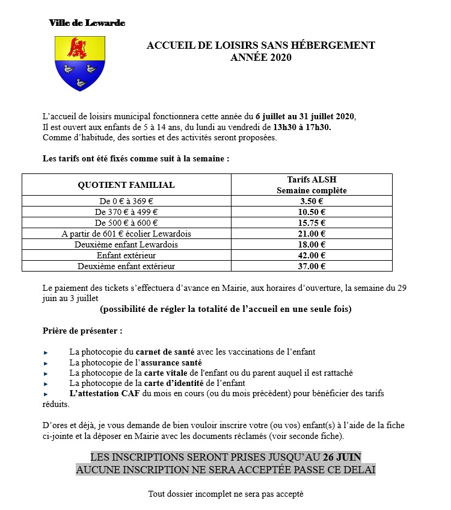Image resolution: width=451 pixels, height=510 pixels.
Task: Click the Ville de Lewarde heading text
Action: click(x=87, y=23)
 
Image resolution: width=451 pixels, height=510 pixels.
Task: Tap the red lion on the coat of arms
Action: click(x=77, y=48)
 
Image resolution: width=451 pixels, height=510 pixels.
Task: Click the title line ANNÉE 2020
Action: click(x=260, y=58)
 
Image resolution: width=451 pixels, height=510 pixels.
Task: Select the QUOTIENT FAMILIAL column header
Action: click(x=126, y=185)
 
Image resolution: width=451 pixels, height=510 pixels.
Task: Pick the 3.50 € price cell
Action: click(x=312, y=201)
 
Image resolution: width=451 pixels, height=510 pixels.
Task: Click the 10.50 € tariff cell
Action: click(x=312, y=212)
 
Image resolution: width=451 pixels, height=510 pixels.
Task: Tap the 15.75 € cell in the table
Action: click(x=312, y=223)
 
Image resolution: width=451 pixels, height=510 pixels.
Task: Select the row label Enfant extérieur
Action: click(x=126, y=255)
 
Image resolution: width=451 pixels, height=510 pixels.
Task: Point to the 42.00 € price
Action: click(x=312, y=255)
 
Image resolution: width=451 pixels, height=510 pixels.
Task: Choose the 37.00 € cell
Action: click(x=312, y=266)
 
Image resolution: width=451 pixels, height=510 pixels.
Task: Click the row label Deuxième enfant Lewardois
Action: click(x=126, y=244)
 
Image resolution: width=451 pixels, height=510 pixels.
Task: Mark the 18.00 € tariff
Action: click(x=312, y=244)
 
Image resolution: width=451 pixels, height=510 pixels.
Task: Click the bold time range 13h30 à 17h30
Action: click(x=302, y=127)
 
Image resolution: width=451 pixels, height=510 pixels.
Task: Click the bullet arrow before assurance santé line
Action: click(x=46, y=363)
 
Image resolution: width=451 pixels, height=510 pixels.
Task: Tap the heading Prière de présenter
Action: click(x=82, y=331)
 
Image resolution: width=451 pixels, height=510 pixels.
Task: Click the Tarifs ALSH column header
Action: click(x=312, y=185)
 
